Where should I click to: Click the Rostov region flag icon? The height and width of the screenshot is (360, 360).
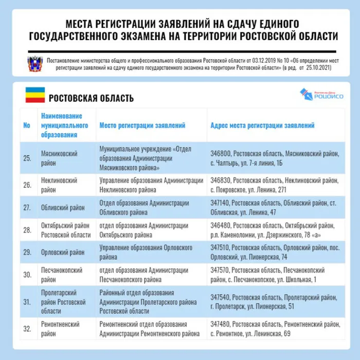pyautogui.click(x=35, y=95)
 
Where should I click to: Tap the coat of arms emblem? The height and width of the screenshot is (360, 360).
pyautogui.click(x=34, y=63)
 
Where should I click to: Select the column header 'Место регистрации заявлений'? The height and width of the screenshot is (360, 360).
pyautogui.click(x=142, y=125)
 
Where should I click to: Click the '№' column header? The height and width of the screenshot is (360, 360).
pyautogui.click(x=27, y=125)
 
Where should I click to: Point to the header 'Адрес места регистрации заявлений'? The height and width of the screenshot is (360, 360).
pyautogui.click(x=262, y=125)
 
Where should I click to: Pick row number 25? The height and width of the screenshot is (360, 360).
pyautogui.click(x=27, y=158)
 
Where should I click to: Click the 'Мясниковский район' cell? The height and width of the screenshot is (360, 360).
pyautogui.click(x=59, y=158)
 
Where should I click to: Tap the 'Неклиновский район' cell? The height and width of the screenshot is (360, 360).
pyautogui.click(x=59, y=185)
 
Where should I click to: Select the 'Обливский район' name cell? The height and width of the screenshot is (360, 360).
pyautogui.click(x=63, y=208)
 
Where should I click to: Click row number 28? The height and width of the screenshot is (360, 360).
pyautogui.click(x=27, y=230)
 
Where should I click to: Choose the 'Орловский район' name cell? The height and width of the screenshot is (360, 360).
pyautogui.click(x=63, y=253)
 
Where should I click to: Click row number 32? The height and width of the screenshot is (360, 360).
pyautogui.click(x=27, y=329)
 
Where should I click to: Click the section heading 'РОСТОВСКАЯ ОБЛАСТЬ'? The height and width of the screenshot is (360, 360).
pyautogui.click(x=91, y=98)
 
